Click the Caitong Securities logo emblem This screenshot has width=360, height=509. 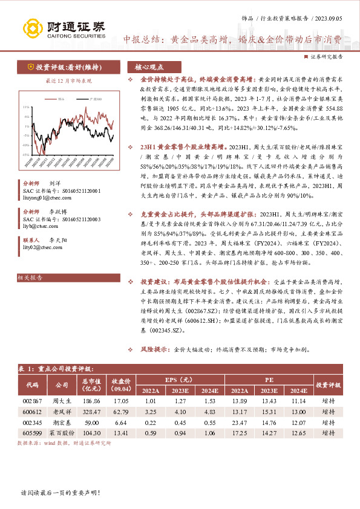(x=30, y=28)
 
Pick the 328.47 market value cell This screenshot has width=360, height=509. (x=91, y=412)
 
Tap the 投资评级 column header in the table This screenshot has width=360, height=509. (x=329, y=384)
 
